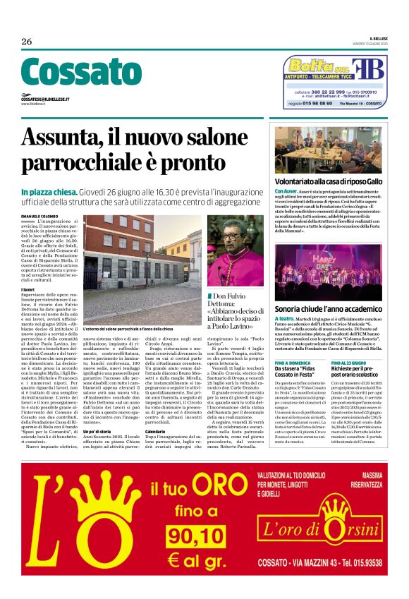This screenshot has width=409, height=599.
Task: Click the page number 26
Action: coord(27,42)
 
